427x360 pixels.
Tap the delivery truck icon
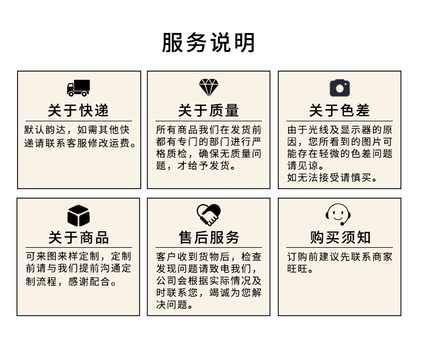pos(79,88)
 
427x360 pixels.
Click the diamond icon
pos(208,87)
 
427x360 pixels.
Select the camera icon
pos(339,88)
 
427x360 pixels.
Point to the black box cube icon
pos(79,215)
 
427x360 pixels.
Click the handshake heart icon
pos(208,215)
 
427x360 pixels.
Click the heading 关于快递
pos(79,110)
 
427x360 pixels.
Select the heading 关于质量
pos(208,110)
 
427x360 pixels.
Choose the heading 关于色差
pos(339,110)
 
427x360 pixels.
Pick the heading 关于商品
pos(79,238)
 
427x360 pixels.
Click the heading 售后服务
pos(208,238)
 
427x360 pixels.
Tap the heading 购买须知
pos(339,238)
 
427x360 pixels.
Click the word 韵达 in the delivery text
pos(63,130)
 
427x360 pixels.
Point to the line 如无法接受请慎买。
pos(333,178)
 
